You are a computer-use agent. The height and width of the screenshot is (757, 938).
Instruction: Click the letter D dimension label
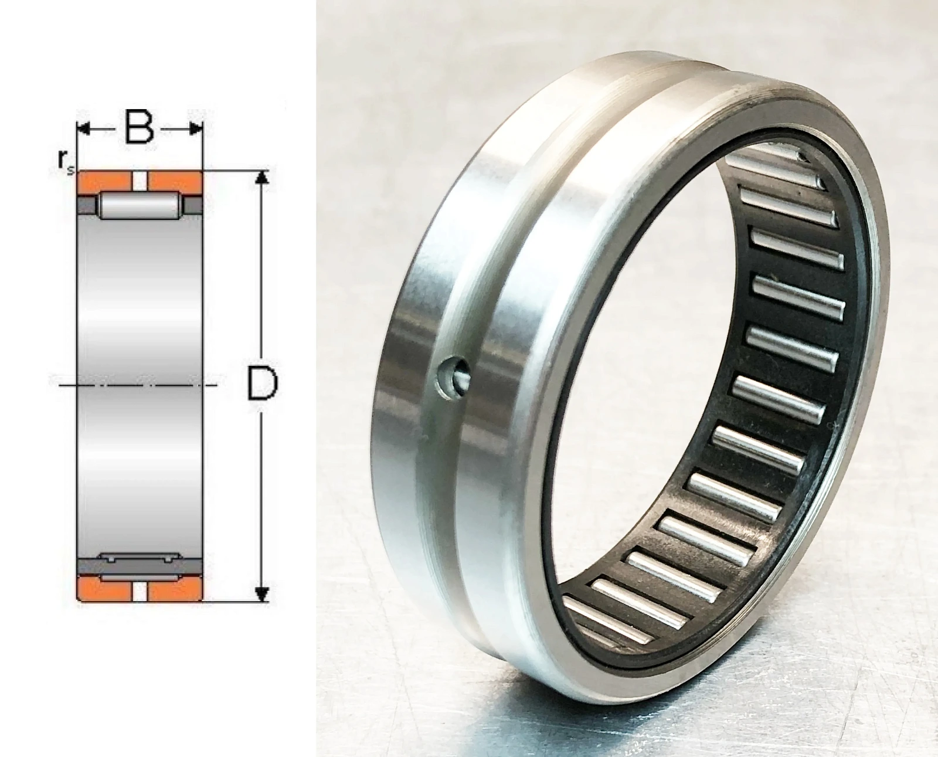tap(263, 383)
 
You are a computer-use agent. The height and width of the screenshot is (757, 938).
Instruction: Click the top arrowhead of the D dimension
tap(261, 176)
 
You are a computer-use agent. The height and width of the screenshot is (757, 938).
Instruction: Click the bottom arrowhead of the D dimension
tap(261, 595)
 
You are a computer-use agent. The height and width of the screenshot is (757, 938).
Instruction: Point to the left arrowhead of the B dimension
tap(83, 129)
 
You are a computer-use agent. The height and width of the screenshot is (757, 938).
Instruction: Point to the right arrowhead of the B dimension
tap(196, 129)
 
